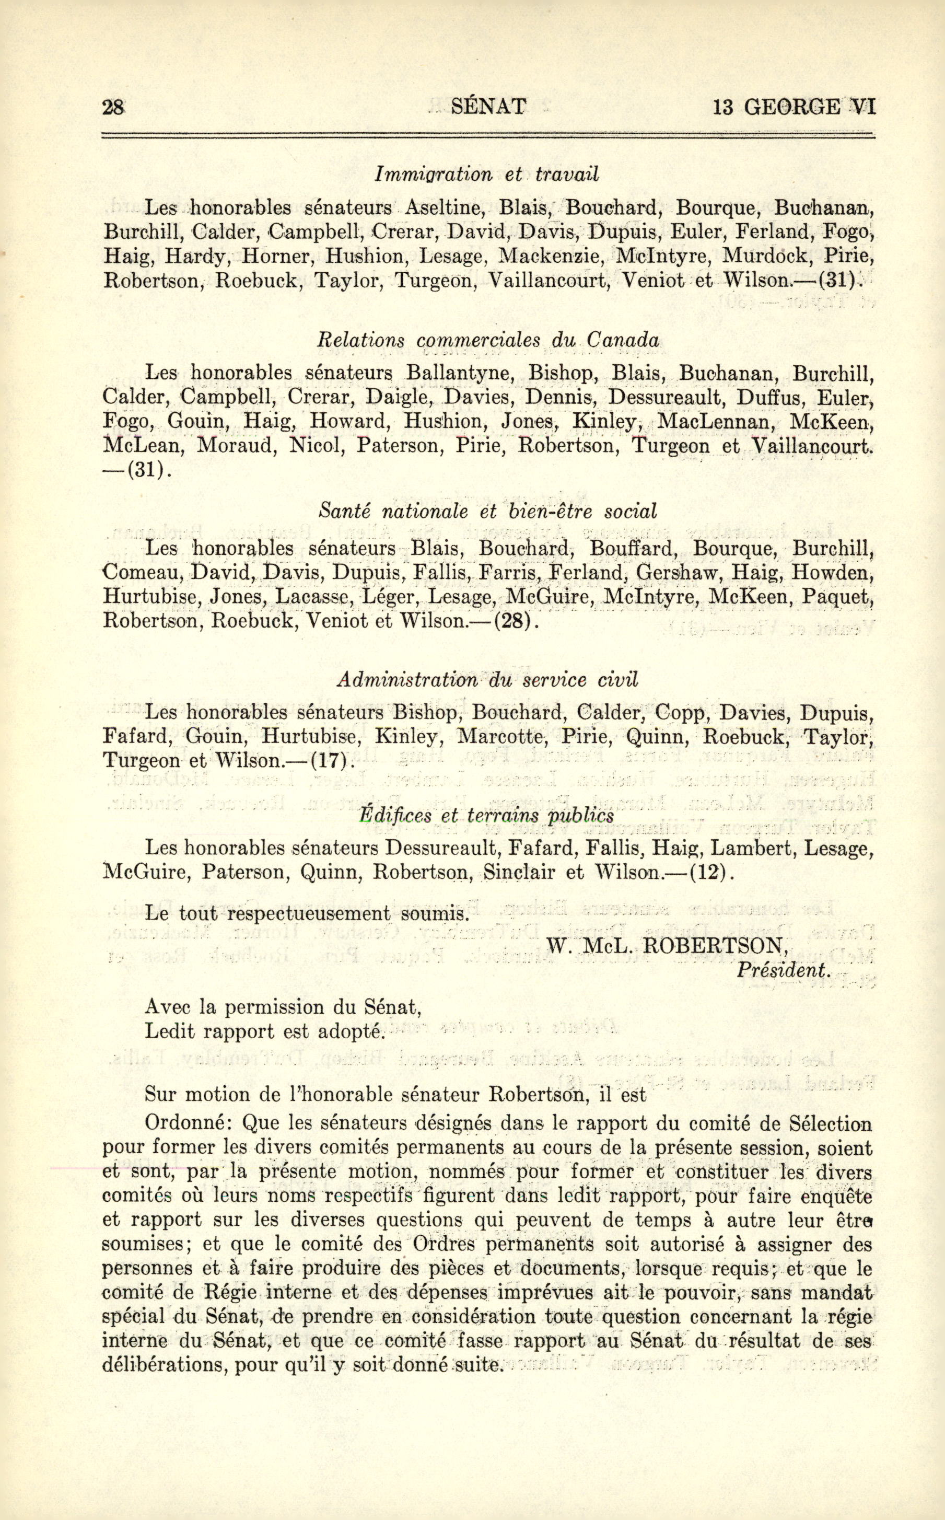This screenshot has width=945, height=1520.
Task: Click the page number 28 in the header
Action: tap(114, 108)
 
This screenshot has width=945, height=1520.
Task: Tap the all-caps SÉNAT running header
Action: tap(488, 107)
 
